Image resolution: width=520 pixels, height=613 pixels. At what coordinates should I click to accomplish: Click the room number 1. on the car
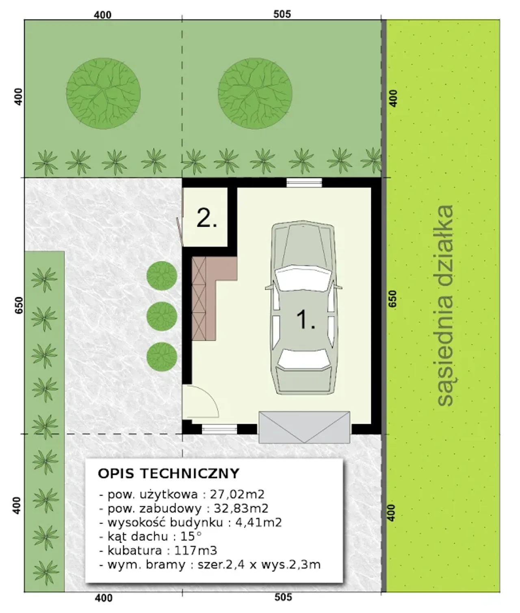(305, 320)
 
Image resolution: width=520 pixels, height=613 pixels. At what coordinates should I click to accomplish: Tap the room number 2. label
(207, 218)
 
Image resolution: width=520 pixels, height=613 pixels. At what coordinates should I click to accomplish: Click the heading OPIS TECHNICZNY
(169, 474)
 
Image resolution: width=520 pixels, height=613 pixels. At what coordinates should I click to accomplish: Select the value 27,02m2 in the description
(237, 494)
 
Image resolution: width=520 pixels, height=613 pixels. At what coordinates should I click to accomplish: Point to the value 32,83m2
(241, 508)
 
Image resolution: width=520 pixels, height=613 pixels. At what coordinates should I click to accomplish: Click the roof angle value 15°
(191, 537)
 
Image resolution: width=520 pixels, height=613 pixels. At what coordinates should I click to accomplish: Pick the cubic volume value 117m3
(195, 550)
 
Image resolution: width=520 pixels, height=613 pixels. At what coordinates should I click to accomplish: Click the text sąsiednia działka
(445, 305)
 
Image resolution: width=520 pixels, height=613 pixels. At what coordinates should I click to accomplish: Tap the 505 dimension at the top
(282, 14)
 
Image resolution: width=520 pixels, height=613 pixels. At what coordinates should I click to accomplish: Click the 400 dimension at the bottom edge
(104, 598)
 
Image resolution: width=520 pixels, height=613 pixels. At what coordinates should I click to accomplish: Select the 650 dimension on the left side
(19, 305)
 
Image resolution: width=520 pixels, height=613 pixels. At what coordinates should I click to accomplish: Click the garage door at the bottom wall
(304, 427)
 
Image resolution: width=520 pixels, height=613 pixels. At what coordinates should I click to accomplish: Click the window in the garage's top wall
(304, 183)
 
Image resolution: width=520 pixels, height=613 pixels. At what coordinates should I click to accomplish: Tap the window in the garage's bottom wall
(219, 429)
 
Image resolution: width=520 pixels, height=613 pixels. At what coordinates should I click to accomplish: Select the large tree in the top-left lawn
(103, 93)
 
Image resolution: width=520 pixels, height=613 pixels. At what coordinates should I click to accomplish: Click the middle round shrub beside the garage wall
(162, 316)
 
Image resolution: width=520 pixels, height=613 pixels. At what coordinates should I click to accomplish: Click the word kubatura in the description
(134, 550)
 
